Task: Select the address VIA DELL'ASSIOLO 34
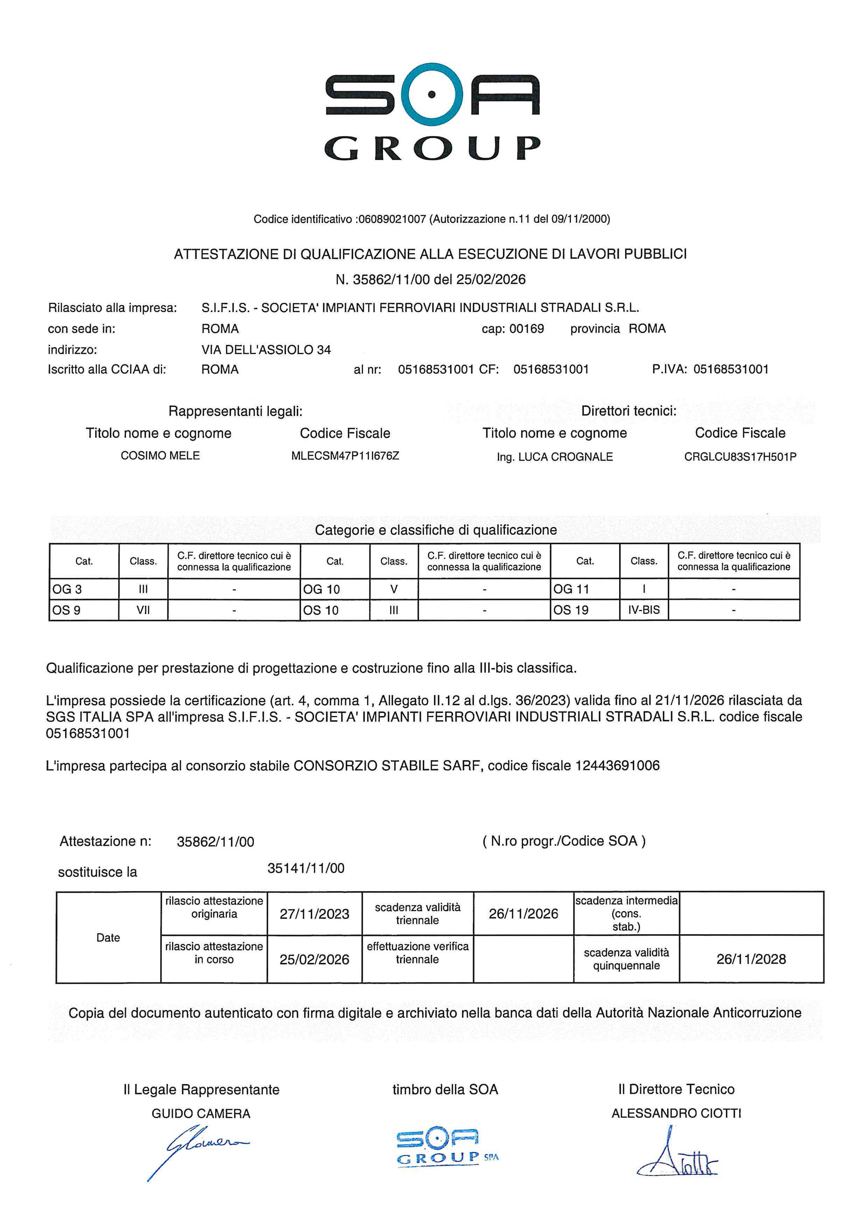[x=266, y=350]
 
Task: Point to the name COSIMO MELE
[x=160, y=456]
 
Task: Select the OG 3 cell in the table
[x=83, y=589]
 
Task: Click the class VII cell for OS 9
[x=143, y=610]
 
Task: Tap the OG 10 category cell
[x=334, y=589]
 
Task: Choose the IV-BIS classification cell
[x=644, y=610]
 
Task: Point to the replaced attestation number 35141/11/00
[x=306, y=868]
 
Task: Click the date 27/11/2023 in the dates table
[x=314, y=914]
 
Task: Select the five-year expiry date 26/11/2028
[x=751, y=959]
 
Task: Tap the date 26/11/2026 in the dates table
[x=523, y=914]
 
